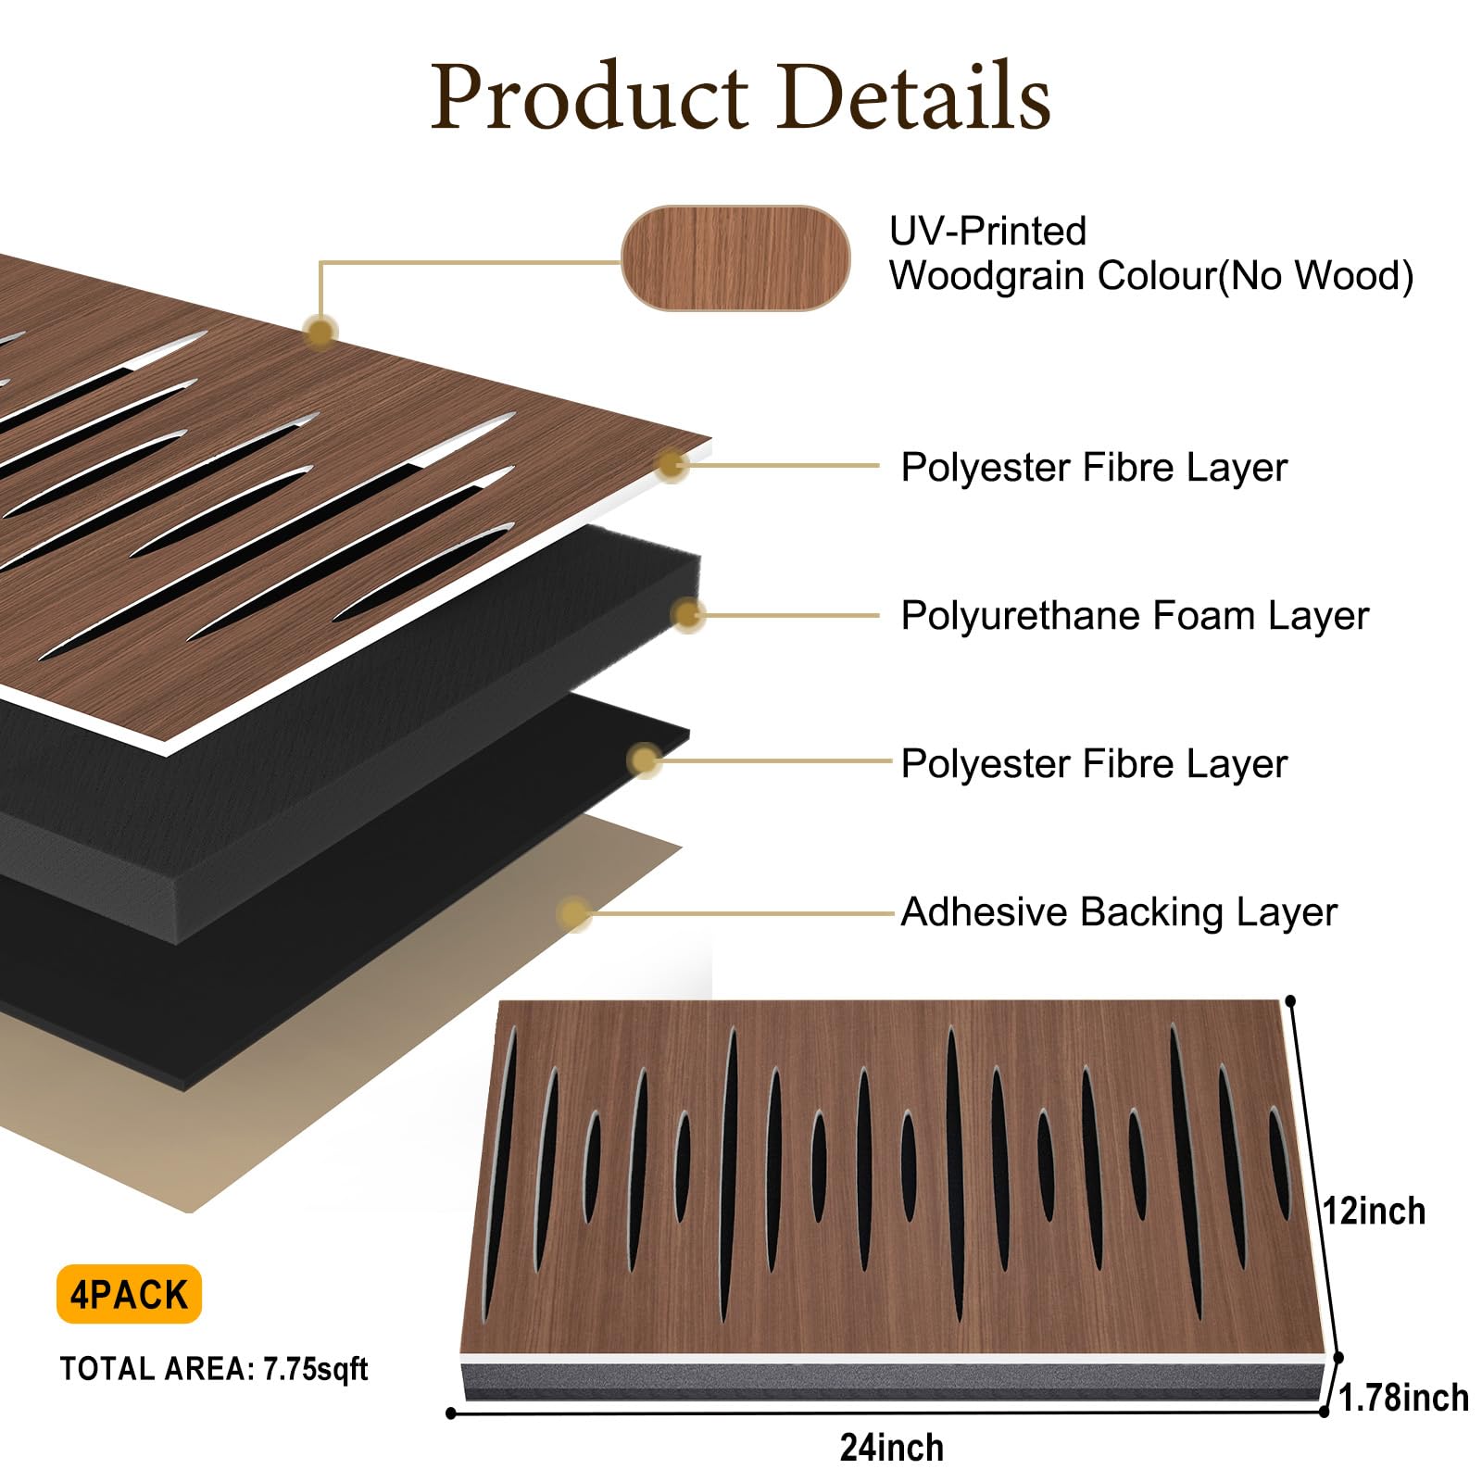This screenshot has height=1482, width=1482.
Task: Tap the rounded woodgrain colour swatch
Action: tap(735, 257)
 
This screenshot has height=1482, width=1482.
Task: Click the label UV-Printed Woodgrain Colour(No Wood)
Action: tap(1151, 253)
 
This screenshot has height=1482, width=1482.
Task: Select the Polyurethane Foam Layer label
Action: tap(1135, 615)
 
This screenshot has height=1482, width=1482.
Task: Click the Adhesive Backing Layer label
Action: tap(1119, 911)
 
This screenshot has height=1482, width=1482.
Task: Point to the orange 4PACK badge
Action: tap(129, 1294)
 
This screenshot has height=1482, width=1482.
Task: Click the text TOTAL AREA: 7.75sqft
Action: tap(214, 1369)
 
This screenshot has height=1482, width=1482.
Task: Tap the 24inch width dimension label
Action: tap(892, 1448)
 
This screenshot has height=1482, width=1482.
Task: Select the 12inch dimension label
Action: tap(1374, 1211)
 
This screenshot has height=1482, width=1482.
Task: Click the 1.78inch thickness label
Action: tap(1403, 1398)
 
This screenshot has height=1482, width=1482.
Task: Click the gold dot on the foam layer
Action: tap(687, 614)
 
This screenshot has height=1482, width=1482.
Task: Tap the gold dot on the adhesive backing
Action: tap(574, 913)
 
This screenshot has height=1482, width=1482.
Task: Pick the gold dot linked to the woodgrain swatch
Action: tap(320, 332)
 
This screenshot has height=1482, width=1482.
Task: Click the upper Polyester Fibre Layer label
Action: tap(1094, 467)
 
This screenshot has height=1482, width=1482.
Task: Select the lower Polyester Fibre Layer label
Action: tap(1094, 763)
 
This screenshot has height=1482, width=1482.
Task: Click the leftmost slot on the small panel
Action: tap(500, 1172)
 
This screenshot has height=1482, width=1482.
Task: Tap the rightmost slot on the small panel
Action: tap(1280, 1162)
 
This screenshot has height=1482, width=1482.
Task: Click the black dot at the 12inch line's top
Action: tap(1291, 1001)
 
